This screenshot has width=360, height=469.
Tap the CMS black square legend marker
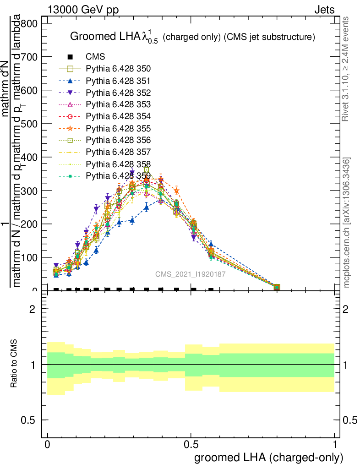pos(70,57)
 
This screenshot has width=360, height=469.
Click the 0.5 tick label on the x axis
pos(191,445)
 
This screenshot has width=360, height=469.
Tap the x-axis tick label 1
pos(335,445)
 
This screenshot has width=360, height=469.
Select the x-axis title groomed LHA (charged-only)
pos(269,458)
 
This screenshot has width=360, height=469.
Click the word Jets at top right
pos(324,10)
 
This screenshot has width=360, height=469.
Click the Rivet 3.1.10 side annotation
pos(346,69)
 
